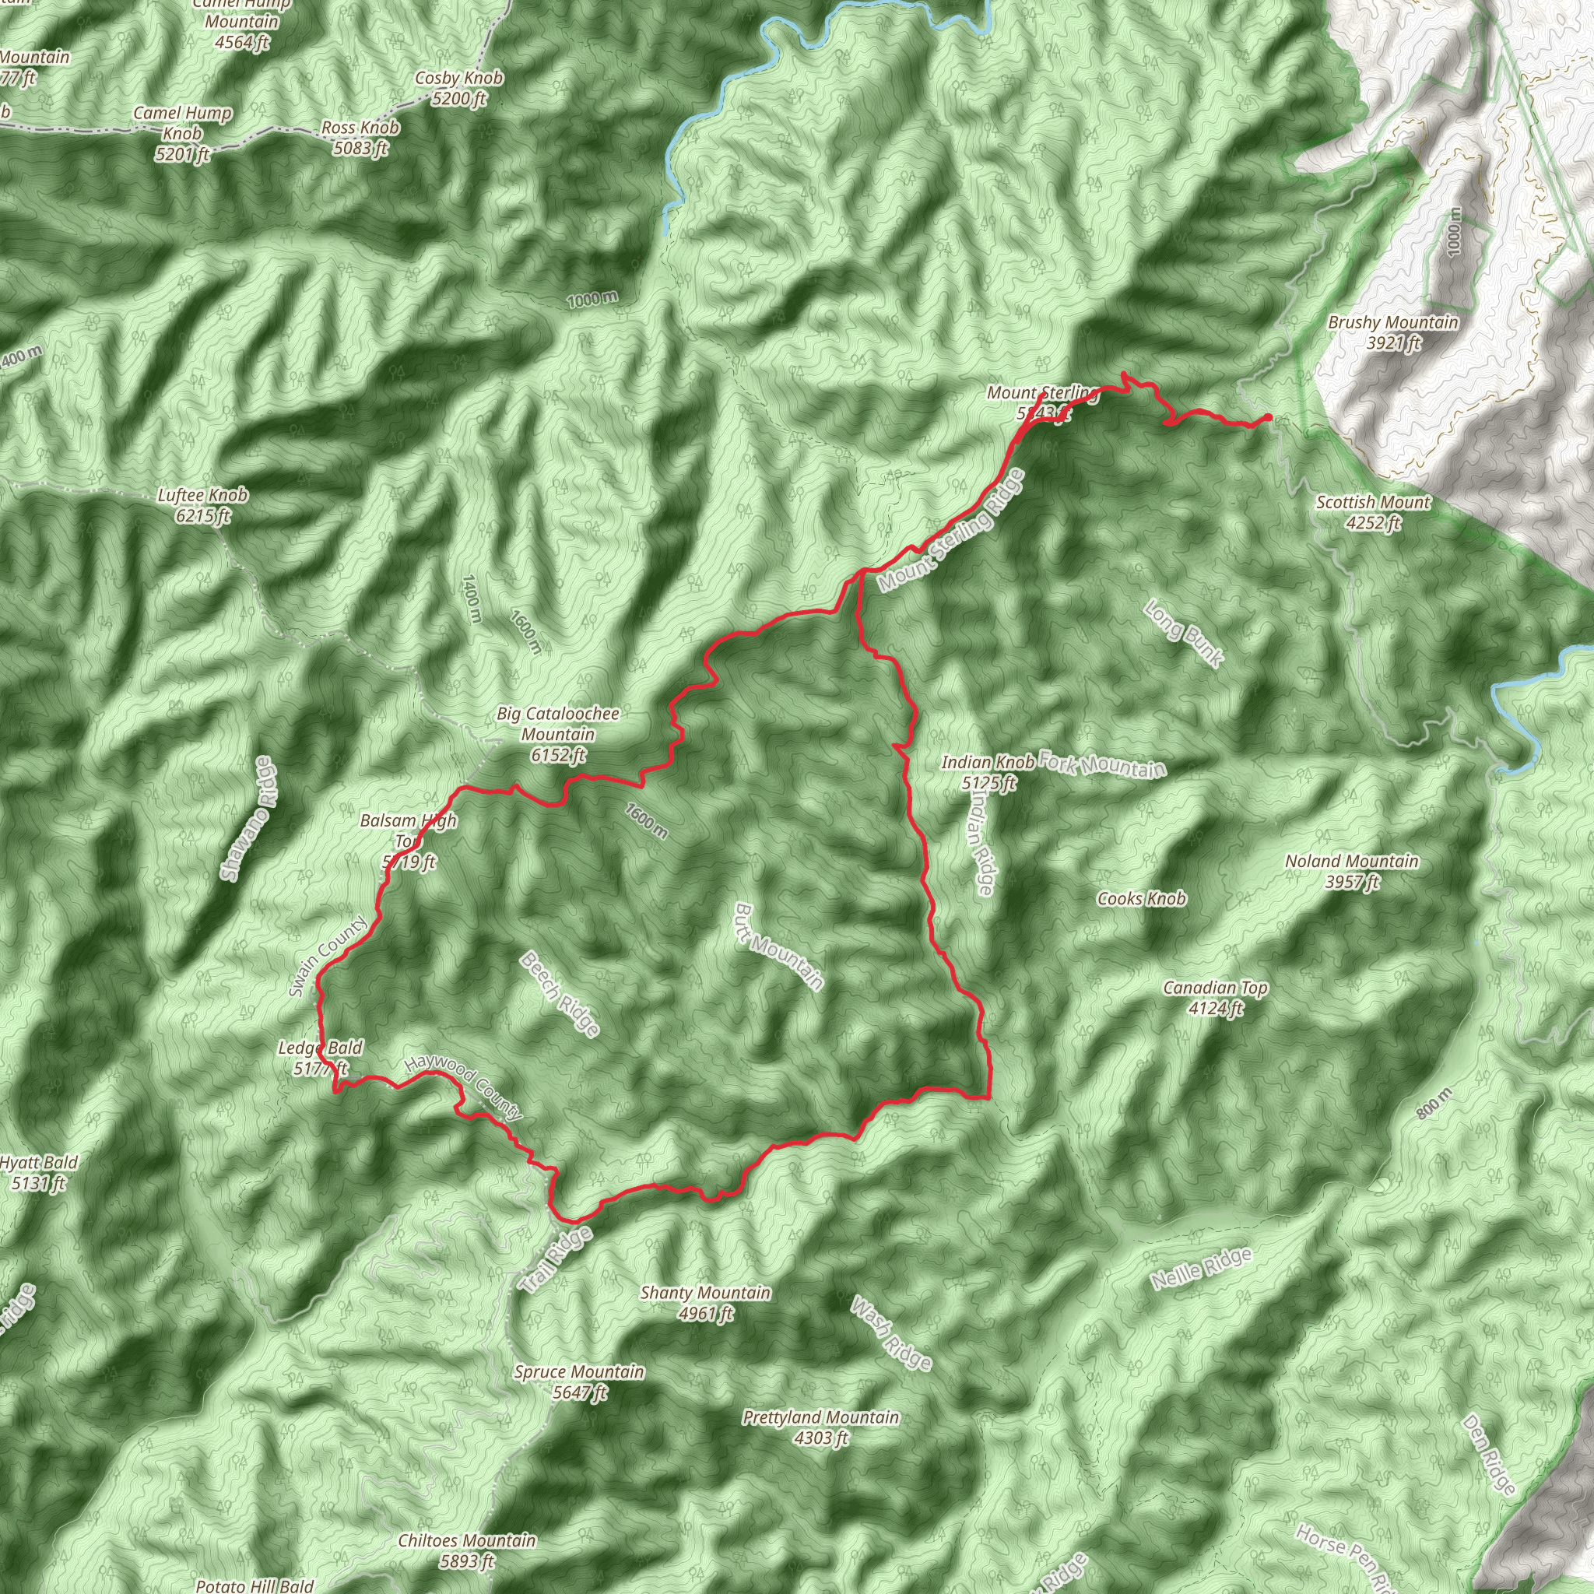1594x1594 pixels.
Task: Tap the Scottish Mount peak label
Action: coord(1373,512)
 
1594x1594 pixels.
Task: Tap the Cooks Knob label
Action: coord(1141,898)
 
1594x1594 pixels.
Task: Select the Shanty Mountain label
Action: coord(705,1303)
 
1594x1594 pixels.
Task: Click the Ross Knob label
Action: coord(360,138)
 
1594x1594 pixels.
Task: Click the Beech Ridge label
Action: coord(560,993)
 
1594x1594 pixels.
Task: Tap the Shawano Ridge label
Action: coord(249,818)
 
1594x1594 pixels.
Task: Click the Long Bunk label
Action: coord(1184,633)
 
